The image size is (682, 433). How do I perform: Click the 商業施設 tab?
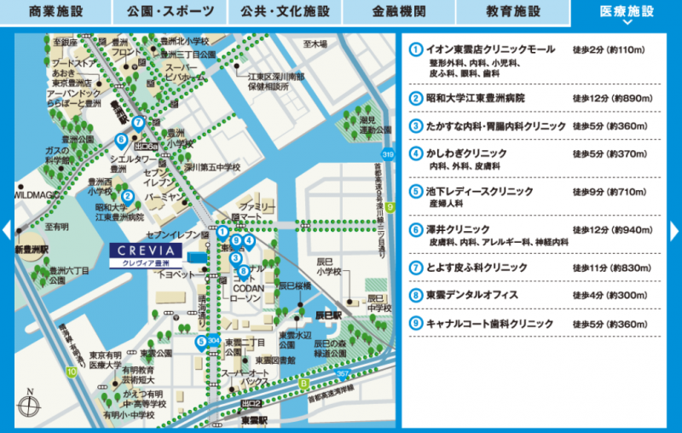pyautogui.click(x=56, y=12)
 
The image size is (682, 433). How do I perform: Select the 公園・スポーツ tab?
pyautogui.click(x=170, y=12)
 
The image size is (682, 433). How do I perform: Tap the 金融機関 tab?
pyautogui.click(x=398, y=12)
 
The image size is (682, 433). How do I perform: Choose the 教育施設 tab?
pyautogui.click(x=512, y=12)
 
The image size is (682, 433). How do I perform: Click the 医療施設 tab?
pyautogui.click(x=627, y=12)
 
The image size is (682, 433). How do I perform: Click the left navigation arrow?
pyautogui.click(x=6, y=230)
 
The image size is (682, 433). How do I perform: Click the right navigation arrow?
pyautogui.click(x=675, y=230)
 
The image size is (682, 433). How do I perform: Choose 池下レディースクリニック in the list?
pyautogui.click(x=479, y=192)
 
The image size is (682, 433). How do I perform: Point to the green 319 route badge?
pyautogui.click(x=387, y=154)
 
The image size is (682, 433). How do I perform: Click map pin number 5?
pyautogui.click(x=201, y=343)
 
